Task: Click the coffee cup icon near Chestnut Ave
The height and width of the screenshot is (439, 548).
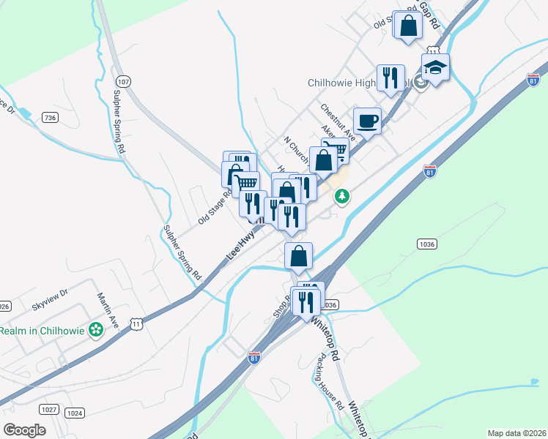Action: [x=367, y=121]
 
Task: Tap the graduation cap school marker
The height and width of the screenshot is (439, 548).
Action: [x=435, y=67]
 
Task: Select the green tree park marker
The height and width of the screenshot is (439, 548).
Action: [x=341, y=196]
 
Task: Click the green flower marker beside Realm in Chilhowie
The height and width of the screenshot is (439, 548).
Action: [x=95, y=331]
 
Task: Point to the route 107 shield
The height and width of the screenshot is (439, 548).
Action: [x=123, y=82]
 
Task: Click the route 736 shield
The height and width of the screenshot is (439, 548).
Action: [x=50, y=117]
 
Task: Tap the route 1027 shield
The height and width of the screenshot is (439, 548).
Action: [x=49, y=410]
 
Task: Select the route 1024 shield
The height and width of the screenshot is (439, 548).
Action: [x=75, y=413]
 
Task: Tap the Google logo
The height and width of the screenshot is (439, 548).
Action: [x=24, y=430]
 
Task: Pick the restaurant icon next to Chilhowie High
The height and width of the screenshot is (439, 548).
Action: [x=390, y=77]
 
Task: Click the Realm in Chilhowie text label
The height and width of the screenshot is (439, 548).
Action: [x=42, y=331]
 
